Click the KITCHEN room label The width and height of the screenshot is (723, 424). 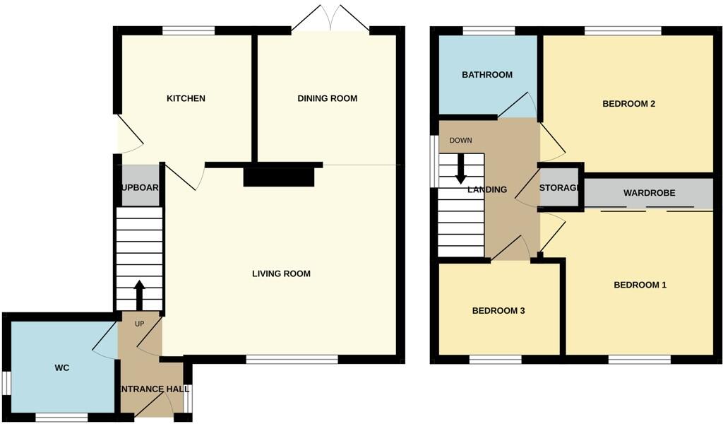pyautogui.click(x=186, y=98)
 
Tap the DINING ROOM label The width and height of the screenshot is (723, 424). pyautogui.click(x=327, y=98)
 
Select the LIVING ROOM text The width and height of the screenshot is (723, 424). pyautogui.click(x=281, y=273)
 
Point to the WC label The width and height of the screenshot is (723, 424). pyautogui.click(x=62, y=368)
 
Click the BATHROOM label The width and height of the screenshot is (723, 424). pyautogui.click(x=487, y=75)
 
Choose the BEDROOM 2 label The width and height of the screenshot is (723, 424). pyautogui.click(x=628, y=104)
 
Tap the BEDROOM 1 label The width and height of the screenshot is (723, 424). pyautogui.click(x=640, y=285)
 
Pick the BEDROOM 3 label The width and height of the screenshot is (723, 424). pyautogui.click(x=498, y=310)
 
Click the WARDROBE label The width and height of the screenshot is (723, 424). pyautogui.click(x=649, y=193)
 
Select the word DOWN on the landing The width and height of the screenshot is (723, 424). pyautogui.click(x=460, y=140)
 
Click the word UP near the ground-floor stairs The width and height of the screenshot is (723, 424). pyautogui.click(x=139, y=324)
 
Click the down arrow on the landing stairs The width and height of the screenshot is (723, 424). pyautogui.click(x=461, y=167)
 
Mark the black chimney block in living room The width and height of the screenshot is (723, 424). pyautogui.click(x=278, y=176)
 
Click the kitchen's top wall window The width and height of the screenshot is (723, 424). pyautogui.click(x=189, y=30)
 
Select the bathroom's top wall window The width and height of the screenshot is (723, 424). pyautogui.click(x=489, y=30)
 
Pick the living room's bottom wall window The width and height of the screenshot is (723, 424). pyautogui.click(x=292, y=360)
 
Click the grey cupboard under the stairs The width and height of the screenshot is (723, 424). pyautogui.click(x=140, y=185)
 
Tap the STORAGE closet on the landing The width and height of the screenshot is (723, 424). pyautogui.click(x=560, y=188)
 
